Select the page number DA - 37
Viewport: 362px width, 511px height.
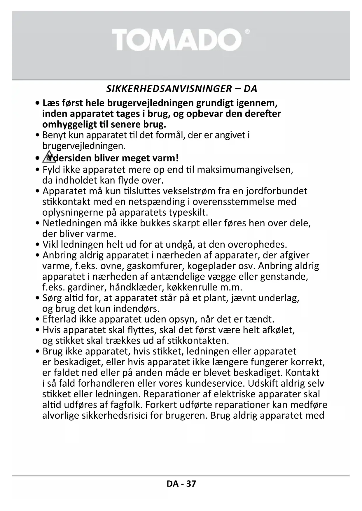pyautogui.click(x=181, y=484)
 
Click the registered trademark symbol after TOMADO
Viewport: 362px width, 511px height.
pyautogui.click(x=247, y=31)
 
